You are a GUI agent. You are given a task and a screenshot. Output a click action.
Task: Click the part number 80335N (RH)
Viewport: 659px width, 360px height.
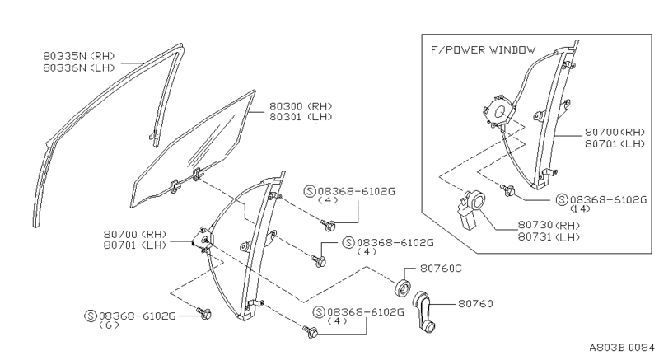tap(80, 56)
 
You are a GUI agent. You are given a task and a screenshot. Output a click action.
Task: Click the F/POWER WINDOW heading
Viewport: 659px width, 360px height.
tap(483, 49)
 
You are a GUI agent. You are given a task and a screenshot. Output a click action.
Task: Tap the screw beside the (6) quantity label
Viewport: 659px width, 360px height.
tap(205, 314)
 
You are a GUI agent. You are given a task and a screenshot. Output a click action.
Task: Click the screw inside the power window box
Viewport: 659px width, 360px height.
tap(508, 190)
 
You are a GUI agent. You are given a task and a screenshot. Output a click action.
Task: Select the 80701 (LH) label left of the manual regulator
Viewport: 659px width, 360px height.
tap(135, 244)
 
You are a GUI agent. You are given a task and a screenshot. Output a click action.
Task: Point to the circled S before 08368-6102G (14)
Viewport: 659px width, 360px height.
tap(561, 199)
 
